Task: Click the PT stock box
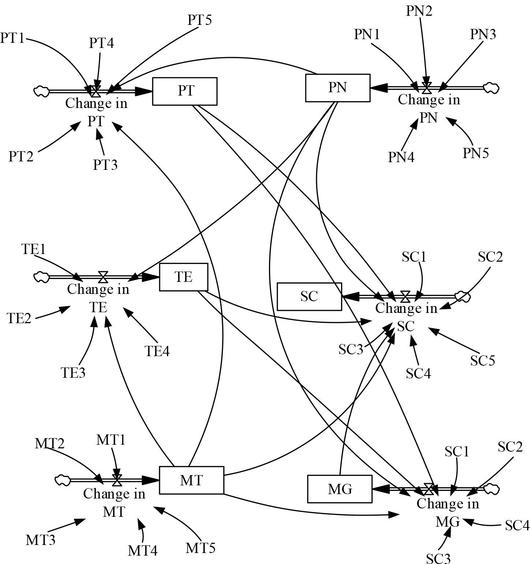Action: point(185,91)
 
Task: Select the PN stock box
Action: point(337,88)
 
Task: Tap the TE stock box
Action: point(183,277)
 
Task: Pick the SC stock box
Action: point(309,296)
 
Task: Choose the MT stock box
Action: point(191,480)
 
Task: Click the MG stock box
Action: point(340,489)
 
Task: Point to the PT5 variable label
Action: point(200,20)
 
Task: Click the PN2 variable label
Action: point(419,11)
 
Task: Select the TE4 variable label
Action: point(157,351)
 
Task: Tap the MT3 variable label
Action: point(40,540)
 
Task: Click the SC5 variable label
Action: point(482,361)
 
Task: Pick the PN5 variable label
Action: point(476,153)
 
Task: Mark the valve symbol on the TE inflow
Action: point(103,277)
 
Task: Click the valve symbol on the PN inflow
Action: point(426,88)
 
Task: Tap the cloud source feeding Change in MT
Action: point(62,480)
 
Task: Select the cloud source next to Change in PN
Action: point(491,88)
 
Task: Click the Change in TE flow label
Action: point(98,298)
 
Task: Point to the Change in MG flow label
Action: point(448,512)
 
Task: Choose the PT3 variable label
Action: point(105,165)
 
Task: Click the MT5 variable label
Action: point(201,548)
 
